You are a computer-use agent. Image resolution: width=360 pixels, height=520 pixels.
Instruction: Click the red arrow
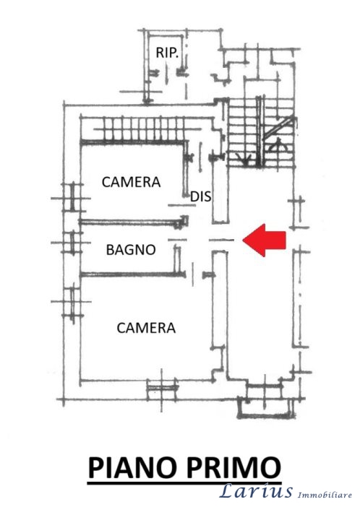(264, 240)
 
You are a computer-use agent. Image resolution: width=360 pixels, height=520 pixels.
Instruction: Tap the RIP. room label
(167, 53)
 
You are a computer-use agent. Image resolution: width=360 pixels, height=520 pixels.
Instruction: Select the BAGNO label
(131, 250)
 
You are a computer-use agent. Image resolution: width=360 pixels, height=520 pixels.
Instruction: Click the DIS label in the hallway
(201, 196)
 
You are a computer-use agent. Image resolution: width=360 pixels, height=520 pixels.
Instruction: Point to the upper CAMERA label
(131, 182)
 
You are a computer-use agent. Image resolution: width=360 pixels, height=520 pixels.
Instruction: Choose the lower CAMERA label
(146, 328)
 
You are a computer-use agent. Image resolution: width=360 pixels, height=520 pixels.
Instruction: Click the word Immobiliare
(325, 495)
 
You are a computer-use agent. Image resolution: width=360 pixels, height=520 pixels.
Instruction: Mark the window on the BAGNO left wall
(72, 243)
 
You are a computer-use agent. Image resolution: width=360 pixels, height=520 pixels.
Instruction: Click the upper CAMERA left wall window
(72, 198)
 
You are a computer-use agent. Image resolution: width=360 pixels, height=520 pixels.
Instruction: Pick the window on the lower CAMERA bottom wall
(162, 387)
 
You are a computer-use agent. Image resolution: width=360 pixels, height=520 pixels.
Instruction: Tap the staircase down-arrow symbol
(244, 158)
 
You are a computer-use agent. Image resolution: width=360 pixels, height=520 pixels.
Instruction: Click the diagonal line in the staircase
(278, 128)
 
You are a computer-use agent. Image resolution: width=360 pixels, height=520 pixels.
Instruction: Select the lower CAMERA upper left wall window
(72, 302)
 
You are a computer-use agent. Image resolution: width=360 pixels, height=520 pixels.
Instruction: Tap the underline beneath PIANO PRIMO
(184, 483)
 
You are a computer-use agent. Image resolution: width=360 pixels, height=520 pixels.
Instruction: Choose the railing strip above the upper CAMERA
(139, 129)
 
